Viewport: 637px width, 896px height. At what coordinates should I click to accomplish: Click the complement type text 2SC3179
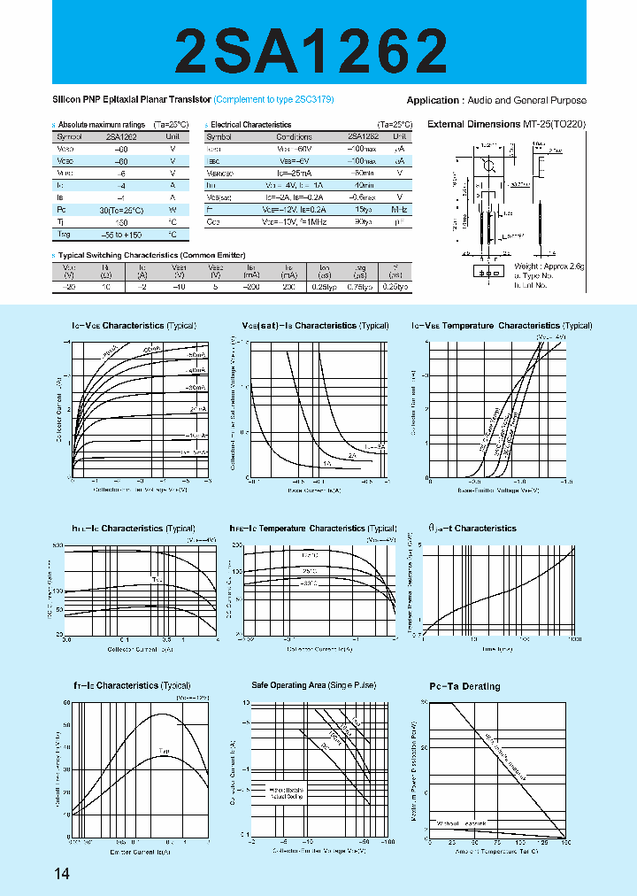pyautogui.click(x=315, y=100)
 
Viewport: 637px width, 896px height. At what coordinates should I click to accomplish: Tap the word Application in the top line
pyautogui.click(x=433, y=101)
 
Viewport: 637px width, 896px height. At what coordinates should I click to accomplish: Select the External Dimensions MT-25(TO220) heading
pyautogui.click(x=506, y=124)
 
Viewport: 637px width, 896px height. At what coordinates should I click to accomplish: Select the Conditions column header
pyautogui.click(x=294, y=137)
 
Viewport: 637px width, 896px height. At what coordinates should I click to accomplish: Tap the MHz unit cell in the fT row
pyautogui.click(x=399, y=210)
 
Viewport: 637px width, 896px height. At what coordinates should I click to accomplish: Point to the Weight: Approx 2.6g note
pyautogui.click(x=549, y=266)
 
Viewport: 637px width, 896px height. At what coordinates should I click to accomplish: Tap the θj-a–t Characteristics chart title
pyautogui.click(x=472, y=529)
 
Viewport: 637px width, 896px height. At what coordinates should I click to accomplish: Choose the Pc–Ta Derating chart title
pyautogui.click(x=464, y=686)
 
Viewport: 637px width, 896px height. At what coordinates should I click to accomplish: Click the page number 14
pyautogui.click(x=62, y=875)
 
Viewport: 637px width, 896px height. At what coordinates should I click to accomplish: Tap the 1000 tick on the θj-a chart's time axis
pyautogui.click(x=575, y=638)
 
